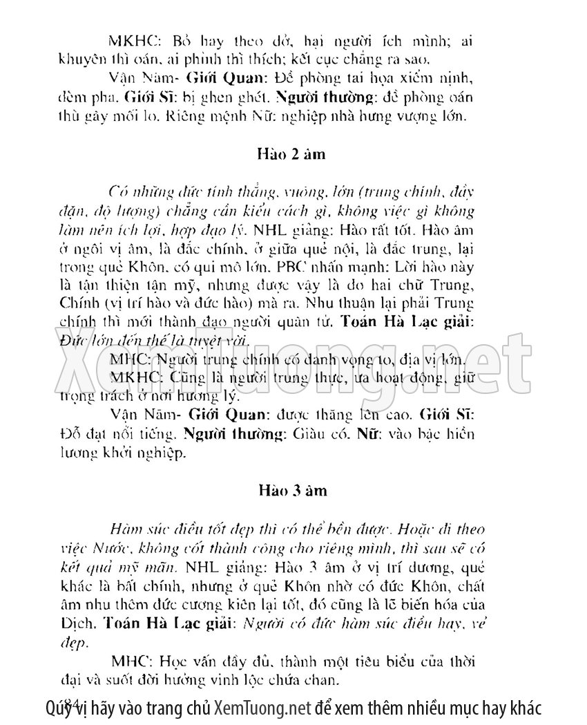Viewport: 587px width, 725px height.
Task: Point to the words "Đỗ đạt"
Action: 75,435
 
